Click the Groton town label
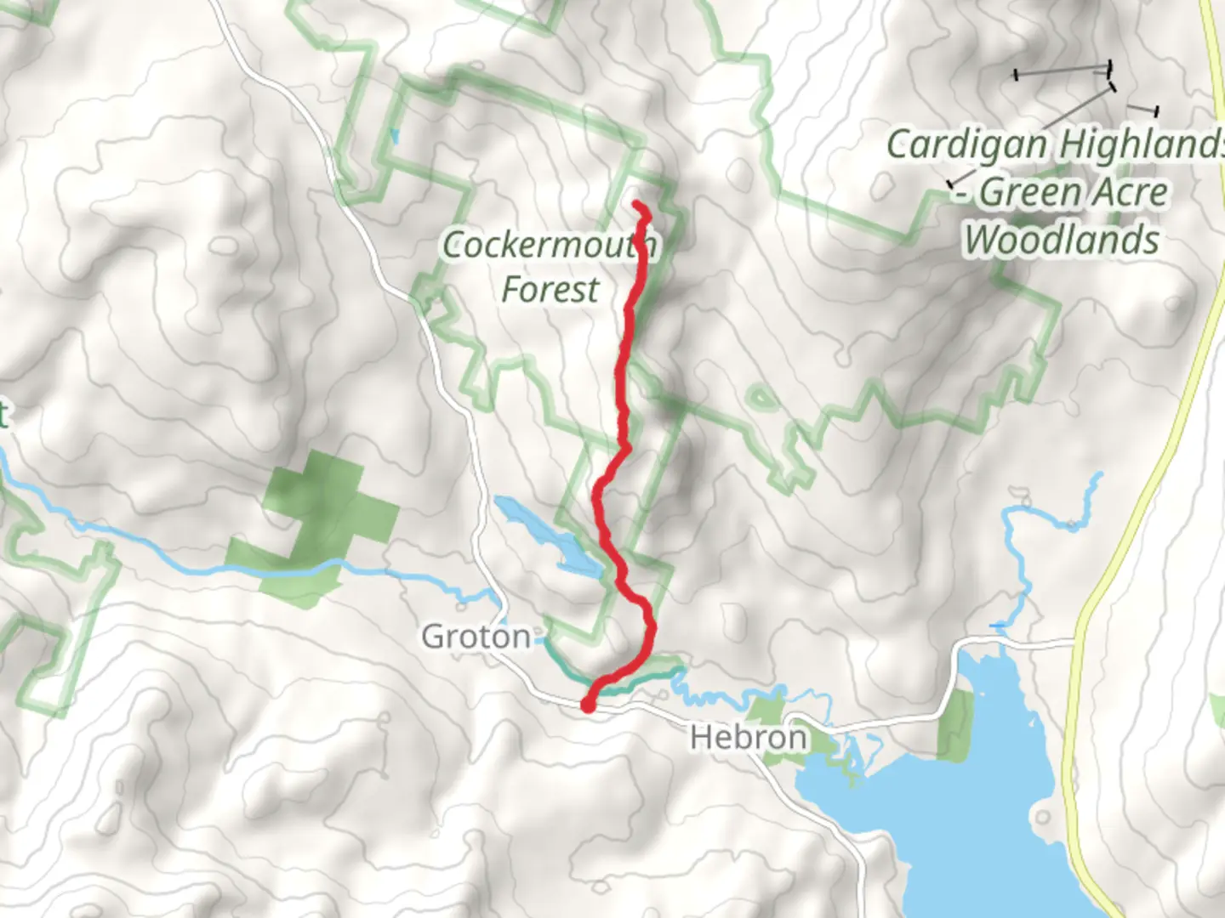coord(476,636)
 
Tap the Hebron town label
coord(748,737)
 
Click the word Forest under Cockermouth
coord(550,290)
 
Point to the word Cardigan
coord(966,144)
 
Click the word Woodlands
coord(1061,240)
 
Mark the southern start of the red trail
coord(588,705)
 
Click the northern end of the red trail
coord(637,204)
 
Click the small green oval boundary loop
coord(761,397)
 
